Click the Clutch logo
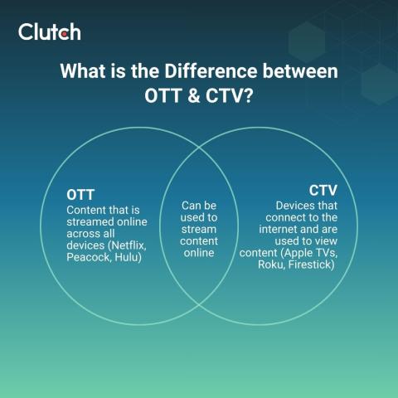[49, 32]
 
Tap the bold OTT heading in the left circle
[80, 194]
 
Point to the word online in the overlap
[199, 253]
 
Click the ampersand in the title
[187, 97]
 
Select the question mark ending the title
[249, 97]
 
